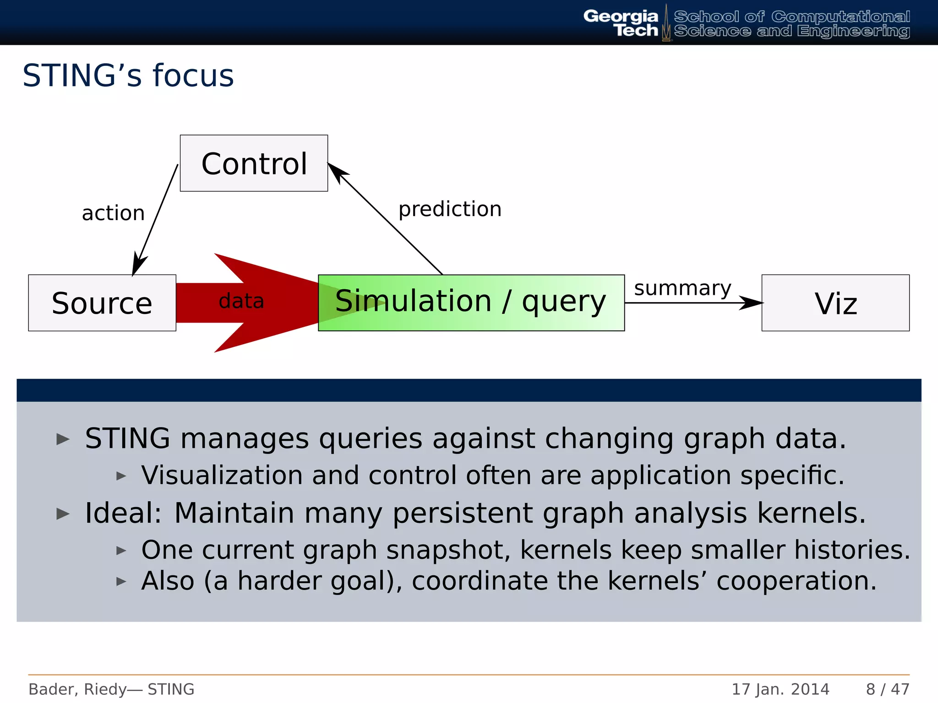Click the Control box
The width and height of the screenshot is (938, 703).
click(254, 163)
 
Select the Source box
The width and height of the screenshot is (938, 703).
click(102, 303)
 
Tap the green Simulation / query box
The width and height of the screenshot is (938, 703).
click(471, 303)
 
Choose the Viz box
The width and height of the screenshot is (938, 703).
click(835, 303)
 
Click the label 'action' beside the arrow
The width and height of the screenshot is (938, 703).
click(113, 213)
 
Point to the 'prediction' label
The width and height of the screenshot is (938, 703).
click(450, 209)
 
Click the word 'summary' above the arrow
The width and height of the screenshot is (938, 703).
click(682, 288)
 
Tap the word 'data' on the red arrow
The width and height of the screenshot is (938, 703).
click(241, 301)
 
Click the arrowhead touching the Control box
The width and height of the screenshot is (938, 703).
click(337, 172)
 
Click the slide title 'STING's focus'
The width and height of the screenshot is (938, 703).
click(128, 76)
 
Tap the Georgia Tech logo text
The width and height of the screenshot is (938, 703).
click(621, 23)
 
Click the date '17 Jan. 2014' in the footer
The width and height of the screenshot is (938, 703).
click(780, 689)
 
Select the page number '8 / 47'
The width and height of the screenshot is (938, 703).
click(887, 689)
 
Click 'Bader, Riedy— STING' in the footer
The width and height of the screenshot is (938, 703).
click(111, 689)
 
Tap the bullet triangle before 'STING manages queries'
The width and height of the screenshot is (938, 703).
click(63, 439)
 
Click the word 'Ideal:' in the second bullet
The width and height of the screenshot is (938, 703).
click(123, 513)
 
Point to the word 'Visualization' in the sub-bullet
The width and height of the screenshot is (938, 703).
click(222, 475)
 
